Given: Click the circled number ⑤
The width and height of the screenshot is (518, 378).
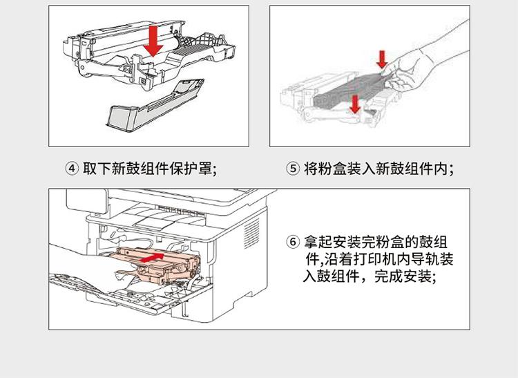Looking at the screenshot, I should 292,169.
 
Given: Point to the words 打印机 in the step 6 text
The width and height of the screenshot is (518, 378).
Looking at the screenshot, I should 364,260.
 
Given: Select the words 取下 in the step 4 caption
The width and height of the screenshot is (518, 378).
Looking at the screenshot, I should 96,169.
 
